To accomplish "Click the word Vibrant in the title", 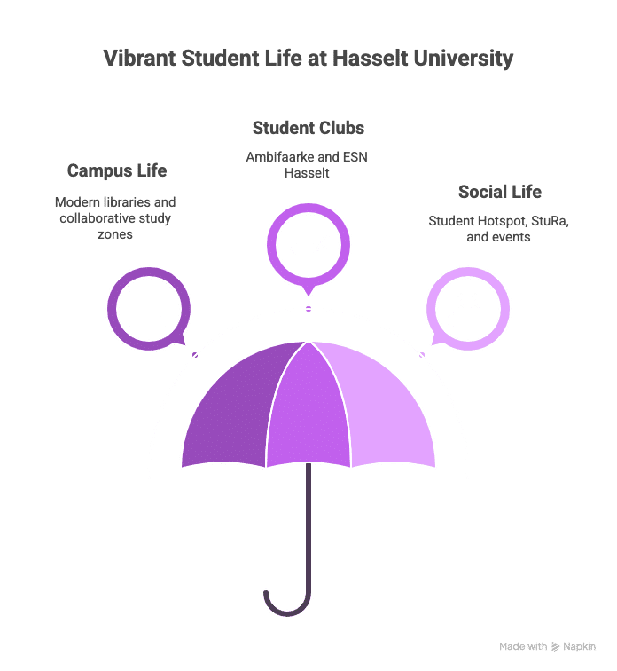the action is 140,58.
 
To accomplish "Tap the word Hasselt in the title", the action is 371,58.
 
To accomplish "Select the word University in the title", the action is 464,59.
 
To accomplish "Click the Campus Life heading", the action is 117,170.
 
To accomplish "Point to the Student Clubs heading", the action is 308,128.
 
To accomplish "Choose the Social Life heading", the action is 500,192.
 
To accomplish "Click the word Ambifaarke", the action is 280,157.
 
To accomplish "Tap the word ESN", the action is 355,157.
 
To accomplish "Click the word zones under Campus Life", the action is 115,234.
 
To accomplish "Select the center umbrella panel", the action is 308,411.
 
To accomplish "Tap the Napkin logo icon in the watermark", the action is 555,647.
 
